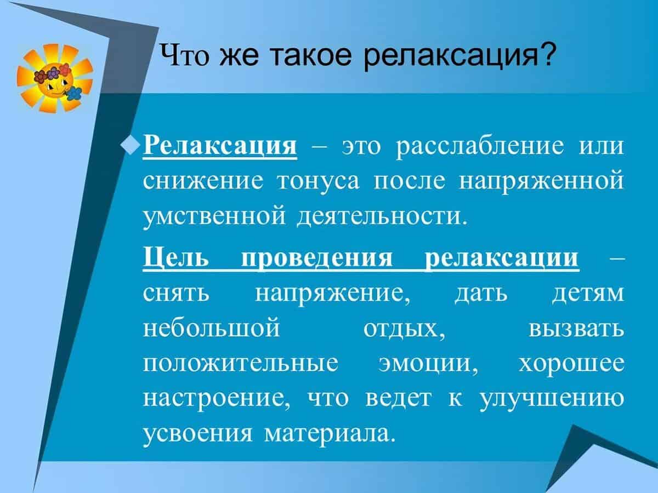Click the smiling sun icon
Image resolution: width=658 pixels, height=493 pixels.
point(55,78)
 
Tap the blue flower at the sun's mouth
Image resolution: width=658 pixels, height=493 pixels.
point(73,93)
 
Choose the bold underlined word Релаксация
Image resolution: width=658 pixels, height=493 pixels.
point(220,146)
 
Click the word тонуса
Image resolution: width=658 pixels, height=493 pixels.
point(318,182)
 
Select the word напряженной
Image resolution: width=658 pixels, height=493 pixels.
point(542,182)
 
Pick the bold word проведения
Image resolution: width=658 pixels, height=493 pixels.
point(317,259)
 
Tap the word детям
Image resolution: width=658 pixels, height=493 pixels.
point(588,295)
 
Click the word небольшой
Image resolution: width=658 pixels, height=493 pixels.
point(211,328)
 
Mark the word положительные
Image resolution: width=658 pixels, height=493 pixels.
point(240,364)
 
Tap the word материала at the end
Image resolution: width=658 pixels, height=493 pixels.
point(328,434)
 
